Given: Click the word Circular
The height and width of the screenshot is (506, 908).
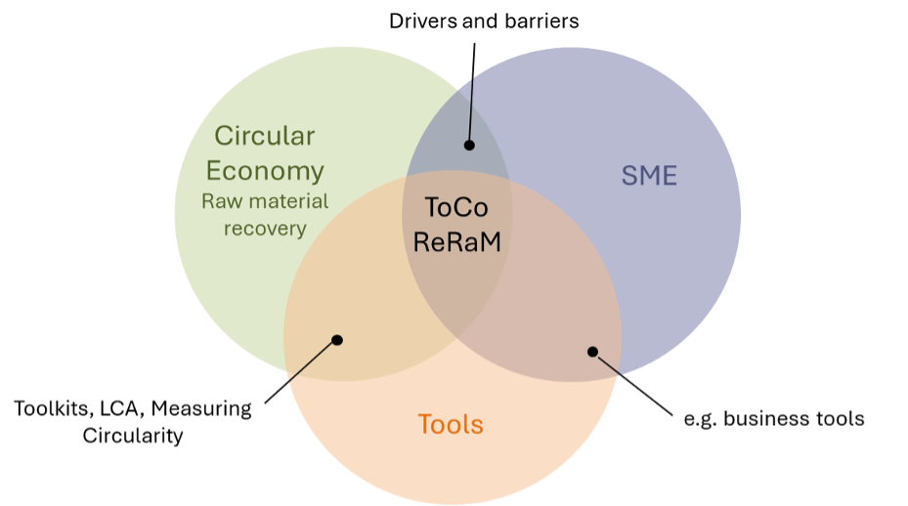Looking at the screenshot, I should pos(264,136).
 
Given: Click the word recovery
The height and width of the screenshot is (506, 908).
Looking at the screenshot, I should pos(265,229).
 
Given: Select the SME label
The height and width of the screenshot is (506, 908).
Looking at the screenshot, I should pos(649,177).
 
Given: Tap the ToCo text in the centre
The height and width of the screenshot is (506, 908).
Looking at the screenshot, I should pos(454,207).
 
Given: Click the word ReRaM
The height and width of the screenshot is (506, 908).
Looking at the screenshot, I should pos(456,241).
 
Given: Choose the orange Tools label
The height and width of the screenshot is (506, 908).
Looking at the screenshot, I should pos(451,425).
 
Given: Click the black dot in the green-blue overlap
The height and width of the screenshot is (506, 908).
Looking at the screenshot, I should pos(468,145).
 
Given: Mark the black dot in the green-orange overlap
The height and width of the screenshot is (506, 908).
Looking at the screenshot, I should pos(337,340).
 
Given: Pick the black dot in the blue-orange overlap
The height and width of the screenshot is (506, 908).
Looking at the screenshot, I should pos(591,351).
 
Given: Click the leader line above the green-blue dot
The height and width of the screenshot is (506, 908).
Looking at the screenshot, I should pos(471,108).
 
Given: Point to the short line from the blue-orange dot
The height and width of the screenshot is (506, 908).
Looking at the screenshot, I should pos(608,363).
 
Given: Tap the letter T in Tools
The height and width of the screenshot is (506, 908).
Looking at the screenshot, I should pos(424,425).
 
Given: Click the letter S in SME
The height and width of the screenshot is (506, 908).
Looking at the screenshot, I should pos(628,177).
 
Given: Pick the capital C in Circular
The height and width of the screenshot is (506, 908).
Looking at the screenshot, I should pos(223,136).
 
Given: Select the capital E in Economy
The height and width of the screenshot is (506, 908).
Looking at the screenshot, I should pos(215,171).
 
